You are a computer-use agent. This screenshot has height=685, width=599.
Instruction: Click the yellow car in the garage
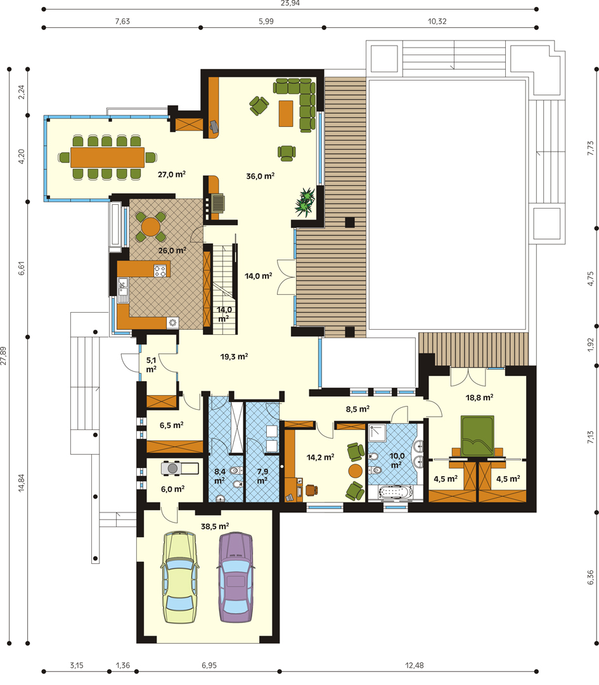click(x=179, y=577)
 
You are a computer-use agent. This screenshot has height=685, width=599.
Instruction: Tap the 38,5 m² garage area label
click(x=215, y=526)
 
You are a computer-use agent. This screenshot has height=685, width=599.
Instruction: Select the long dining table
click(x=107, y=157)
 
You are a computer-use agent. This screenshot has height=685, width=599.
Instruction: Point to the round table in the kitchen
click(x=151, y=226)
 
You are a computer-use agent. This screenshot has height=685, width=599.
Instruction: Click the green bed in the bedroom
click(x=478, y=436)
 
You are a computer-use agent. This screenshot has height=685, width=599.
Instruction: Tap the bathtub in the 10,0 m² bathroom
click(x=395, y=492)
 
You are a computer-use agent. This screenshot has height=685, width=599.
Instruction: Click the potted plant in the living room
click(x=305, y=202)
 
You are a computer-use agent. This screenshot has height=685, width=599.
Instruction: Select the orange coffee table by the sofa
click(x=286, y=114)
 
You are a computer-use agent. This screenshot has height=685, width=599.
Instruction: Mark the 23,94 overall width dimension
click(x=290, y=4)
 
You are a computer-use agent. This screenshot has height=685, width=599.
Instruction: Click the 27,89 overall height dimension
click(x=4, y=356)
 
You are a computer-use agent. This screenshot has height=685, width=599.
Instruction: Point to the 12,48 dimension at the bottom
click(x=415, y=665)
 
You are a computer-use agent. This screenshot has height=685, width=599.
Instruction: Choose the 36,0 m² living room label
click(x=261, y=176)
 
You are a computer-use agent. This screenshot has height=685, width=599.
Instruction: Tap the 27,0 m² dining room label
click(x=172, y=174)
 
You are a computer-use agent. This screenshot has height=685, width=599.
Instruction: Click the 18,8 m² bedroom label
click(x=479, y=398)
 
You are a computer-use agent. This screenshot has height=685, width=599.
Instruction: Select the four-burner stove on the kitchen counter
click(x=160, y=271)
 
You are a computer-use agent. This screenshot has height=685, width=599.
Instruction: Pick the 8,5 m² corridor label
click(x=357, y=409)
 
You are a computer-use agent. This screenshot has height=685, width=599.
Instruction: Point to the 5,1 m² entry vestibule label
click(x=151, y=365)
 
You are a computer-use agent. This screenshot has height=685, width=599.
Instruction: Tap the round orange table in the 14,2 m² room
click(x=355, y=471)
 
